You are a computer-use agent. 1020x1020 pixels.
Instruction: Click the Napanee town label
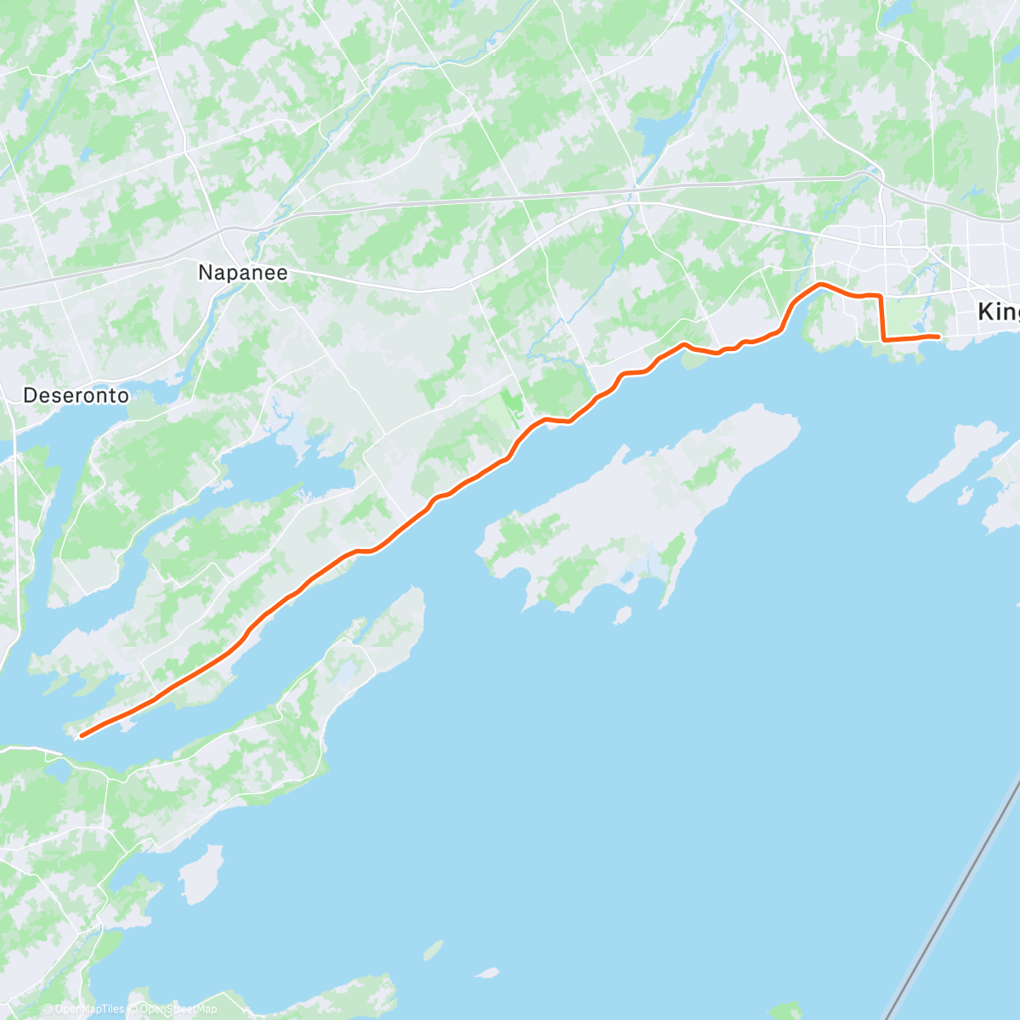coord(242,273)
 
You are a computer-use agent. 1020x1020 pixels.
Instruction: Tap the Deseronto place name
coord(76,395)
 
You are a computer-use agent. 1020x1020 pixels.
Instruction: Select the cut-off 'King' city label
coord(998,311)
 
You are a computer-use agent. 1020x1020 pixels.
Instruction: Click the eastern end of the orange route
coord(938,337)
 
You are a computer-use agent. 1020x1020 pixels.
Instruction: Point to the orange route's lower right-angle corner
coord(884,339)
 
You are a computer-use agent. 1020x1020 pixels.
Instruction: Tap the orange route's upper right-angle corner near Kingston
coord(879,295)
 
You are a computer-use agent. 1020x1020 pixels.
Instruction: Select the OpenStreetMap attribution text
coord(178,1009)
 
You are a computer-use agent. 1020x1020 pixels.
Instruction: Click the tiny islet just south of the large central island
coord(622,614)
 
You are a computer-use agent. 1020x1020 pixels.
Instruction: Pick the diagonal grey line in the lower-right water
coord(952,892)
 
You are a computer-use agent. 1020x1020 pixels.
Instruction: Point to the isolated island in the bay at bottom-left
coord(201,874)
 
